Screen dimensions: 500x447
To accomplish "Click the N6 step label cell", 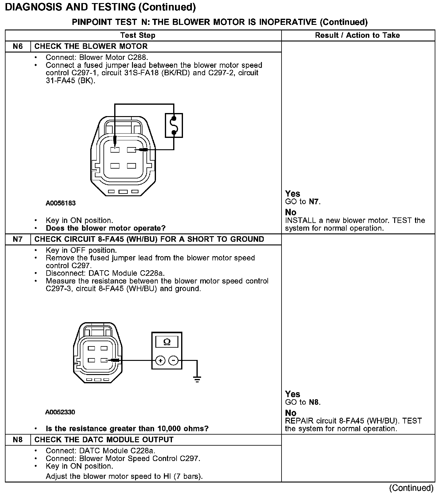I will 18,46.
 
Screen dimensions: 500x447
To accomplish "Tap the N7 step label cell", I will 18,239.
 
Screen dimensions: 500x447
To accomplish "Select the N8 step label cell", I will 18,440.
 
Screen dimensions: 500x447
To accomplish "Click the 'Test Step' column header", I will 138,35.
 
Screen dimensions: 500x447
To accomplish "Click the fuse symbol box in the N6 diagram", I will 174,125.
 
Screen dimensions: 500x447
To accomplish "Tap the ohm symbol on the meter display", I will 167,342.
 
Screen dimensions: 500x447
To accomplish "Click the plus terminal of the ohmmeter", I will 160,360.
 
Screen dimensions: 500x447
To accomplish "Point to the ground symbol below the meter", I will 197,380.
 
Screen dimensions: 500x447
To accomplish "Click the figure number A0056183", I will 61,203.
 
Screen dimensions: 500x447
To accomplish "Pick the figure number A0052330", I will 60,412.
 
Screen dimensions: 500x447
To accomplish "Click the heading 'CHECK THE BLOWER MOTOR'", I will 91,46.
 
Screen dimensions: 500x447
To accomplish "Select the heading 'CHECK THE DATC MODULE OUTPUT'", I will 104,440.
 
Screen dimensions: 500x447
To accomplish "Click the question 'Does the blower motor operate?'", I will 106,228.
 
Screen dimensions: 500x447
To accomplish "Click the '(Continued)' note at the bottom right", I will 411,488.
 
